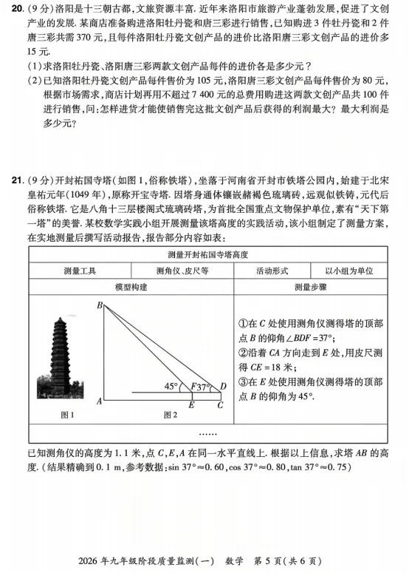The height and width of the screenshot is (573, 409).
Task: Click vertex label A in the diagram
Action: (98, 401)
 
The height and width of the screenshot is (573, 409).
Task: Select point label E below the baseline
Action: (191, 405)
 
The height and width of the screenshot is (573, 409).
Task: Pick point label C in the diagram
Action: (219, 405)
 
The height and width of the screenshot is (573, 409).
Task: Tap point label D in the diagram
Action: (224, 386)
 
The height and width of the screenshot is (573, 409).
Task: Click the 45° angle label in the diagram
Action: (171, 386)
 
